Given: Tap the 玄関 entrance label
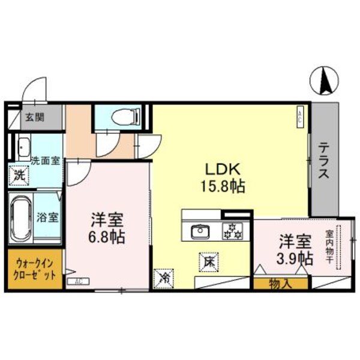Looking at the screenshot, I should pos(35,118).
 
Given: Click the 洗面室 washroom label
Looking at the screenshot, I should pos(45,161).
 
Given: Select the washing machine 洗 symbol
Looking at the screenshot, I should pos(20,176).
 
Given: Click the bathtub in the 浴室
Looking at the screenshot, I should pos(20,217).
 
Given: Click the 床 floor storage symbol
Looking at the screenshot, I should pos(208,262).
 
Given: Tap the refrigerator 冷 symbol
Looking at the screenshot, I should pos(164,277).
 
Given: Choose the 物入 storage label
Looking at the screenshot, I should pos(281,284).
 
